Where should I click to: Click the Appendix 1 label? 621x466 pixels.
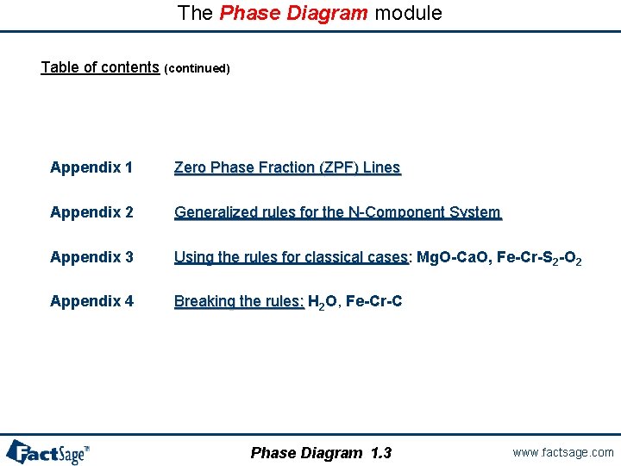click(91, 167)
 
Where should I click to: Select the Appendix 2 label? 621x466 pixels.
click(91, 212)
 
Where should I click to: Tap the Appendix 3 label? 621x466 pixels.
click(91, 257)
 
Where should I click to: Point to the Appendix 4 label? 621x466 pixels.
click(91, 301)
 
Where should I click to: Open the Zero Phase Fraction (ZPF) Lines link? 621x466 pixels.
click(287, 167)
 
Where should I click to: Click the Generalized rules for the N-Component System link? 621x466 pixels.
click(337, 212)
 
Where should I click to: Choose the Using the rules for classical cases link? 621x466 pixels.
click(291, 257)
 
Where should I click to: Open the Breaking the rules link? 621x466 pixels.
click(239, 301)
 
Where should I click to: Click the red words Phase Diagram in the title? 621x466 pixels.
click(294, 14)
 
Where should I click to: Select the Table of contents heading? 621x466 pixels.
click(100, 67)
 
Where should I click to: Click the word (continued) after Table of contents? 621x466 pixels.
click(197, 69)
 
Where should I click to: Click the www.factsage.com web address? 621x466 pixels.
click(562, 452)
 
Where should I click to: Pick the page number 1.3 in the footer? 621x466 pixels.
click(380, 453)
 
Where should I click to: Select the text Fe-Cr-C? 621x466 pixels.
click(373, 301)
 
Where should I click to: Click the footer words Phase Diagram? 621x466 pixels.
click(306, 453)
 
